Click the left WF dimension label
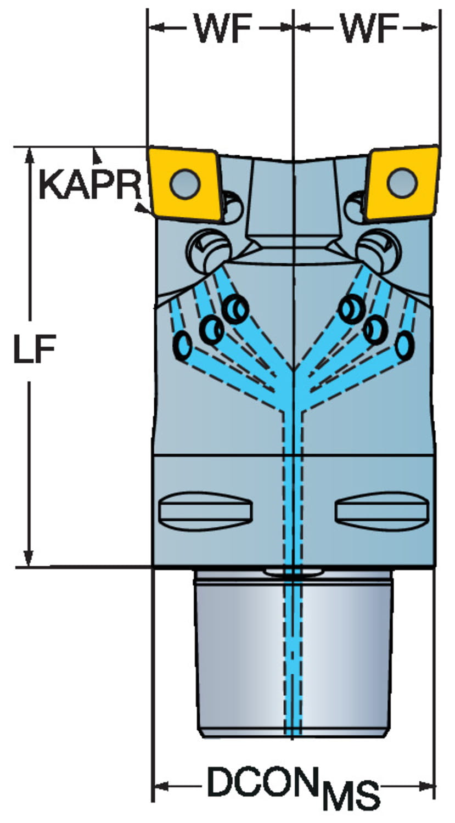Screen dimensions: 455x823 (x=223, y=29)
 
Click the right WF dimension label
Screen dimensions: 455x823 (x=370, y=29)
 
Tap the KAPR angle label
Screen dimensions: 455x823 (x=91, y=185)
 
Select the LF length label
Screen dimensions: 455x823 (x=35, y=348)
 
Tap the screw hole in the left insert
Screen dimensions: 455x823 (x=185, y=183)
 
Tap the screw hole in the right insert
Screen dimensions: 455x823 (x=402, y=183)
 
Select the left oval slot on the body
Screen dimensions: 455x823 (x=205, y=511)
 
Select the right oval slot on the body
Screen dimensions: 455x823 (x=383, y=511)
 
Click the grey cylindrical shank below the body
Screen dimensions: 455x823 (x=293, y=653)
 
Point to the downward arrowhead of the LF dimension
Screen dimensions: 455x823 (x=29, y=558)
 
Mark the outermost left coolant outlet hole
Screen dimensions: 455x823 (x=182, y=345)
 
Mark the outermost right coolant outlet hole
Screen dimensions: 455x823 (x=405, y=345)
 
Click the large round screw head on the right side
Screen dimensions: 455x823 (x=379, y=251)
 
